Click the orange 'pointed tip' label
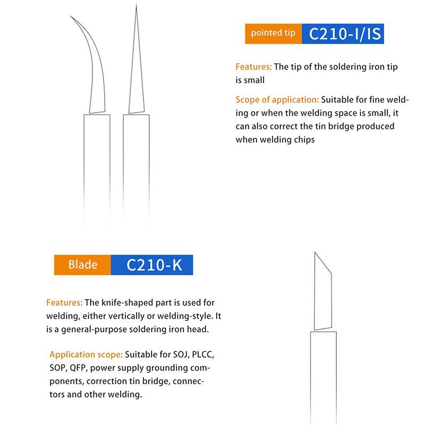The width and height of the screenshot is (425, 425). coord(273,33)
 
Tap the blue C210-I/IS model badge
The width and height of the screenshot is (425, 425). coord(343,33)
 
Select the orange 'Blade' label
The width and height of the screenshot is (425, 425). coord(82,265)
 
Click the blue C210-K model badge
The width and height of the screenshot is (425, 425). coord(152,265)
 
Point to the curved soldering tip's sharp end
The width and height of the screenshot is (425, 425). coord(71,16)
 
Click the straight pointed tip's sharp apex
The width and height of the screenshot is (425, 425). coord(137,5)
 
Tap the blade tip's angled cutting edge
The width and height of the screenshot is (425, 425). coord(323,263)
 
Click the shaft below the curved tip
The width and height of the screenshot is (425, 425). coord(97,171)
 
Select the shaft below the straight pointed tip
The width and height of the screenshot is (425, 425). coord(136,171)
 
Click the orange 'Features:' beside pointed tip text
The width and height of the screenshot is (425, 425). coord(253,67)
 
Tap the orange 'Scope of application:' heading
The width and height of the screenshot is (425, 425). coord(277,100)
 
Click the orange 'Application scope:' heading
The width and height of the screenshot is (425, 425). coord(86,354)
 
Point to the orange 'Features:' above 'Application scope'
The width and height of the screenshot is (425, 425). coord(64,302)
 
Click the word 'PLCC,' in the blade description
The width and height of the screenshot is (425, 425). coord(203,354)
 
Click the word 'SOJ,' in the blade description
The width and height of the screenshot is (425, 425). coord(181,354)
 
